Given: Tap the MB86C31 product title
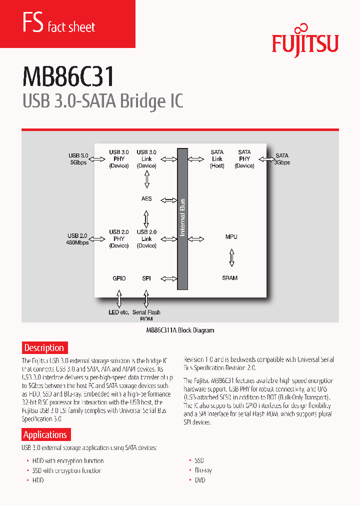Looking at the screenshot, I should tap(68, 77).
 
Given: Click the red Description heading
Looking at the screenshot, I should tap(44, 347).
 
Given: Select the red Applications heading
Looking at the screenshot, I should tap(45, 434).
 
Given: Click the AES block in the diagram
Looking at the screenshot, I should tap(146, 199).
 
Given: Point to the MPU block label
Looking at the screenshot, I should tap(231, 236).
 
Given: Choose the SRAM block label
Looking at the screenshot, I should tap(230, 278).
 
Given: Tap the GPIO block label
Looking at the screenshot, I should tap(119, 278).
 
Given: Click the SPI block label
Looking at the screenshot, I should tap(146, 278).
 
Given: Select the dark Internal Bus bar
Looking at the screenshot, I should tap(182, 218).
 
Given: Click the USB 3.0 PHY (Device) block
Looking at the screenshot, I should tap(119, 158).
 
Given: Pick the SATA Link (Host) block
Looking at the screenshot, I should tap(217, 158).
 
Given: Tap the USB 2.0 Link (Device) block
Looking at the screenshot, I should tap(146, 238).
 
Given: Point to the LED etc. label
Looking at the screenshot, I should tap(118, 312).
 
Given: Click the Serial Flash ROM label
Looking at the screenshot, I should tap(146, 315).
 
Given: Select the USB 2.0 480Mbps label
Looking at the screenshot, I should tap(77, 238).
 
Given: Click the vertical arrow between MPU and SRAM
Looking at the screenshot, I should tap(231, 257).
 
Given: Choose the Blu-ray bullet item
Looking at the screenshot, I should tap(203, 470).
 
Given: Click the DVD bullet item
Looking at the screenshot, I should tap(199, 480).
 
